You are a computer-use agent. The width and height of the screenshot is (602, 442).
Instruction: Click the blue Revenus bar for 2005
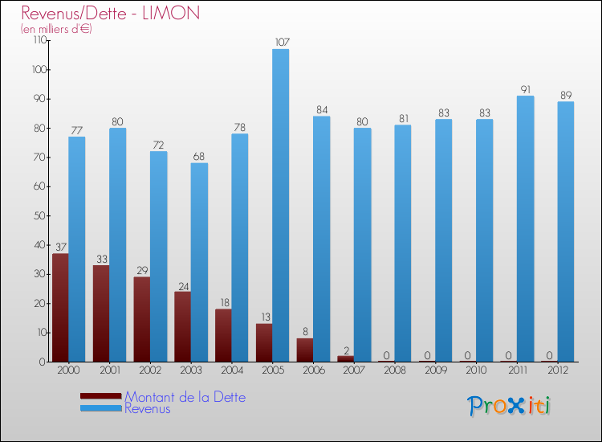[x=280, y=205]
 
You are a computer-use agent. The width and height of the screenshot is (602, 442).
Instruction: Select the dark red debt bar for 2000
[x=60, y=308]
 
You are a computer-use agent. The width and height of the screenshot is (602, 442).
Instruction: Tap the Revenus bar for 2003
[x=199, y=262]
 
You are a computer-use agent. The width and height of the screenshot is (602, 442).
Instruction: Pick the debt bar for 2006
[x=305, y=350]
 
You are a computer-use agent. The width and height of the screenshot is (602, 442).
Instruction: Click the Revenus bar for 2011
[x=525, y=228]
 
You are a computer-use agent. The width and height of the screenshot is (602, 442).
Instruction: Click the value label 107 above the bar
[x=280, y=42]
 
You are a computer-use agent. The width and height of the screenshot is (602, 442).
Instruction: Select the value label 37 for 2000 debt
[x=60, y=247]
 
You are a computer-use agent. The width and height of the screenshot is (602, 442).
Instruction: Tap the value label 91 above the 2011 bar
[x=525, y=88]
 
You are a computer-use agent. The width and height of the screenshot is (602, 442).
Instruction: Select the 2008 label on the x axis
[x=394, y=370]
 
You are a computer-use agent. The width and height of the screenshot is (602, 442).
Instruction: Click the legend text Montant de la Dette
[x=185, y=397]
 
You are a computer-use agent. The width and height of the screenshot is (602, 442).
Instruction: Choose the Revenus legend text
[x=148, y=409]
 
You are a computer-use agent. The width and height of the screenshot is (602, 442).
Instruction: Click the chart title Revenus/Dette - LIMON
[x=111, y=14]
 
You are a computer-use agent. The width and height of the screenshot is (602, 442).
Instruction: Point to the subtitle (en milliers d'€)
[x=56, y=29]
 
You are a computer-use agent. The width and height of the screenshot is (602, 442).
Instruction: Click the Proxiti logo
[x=510, y=406]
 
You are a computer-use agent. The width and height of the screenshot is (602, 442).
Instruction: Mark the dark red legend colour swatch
[x=101, y=396]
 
